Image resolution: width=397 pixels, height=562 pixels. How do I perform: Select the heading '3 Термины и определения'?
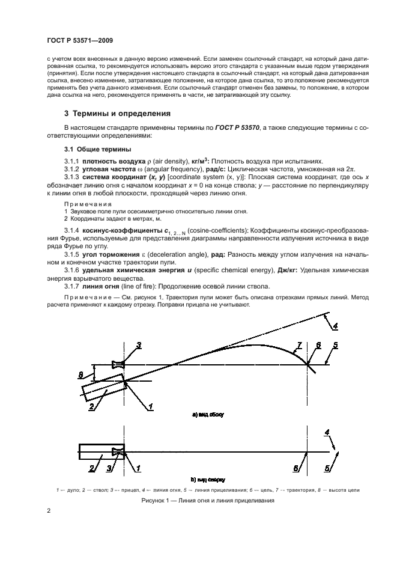(117, 114)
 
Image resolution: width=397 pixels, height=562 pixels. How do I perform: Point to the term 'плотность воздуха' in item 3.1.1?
(110, 161)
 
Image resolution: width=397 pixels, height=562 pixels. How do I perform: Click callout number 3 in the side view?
(138, 345)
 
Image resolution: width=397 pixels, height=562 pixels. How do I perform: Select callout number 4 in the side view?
(335, 326)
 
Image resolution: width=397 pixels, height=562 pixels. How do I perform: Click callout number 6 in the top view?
(295, 468)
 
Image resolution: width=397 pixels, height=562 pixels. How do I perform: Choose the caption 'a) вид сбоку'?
(207, 415)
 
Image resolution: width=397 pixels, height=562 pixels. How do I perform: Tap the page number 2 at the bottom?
(49, 511)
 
